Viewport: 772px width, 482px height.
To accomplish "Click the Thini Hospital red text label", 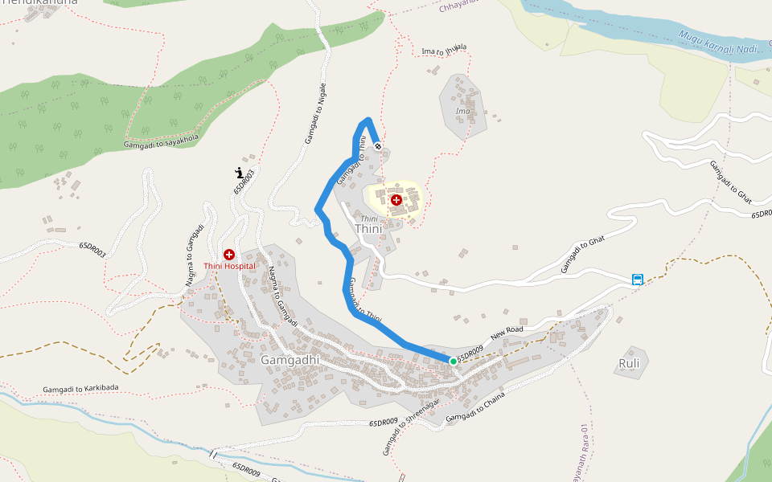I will (x=229, y=266).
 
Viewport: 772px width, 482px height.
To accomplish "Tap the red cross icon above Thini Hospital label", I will (x=229, y=254).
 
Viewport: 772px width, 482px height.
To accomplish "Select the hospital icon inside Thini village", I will (x=396, y=199).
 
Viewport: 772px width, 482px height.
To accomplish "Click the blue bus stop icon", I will (x=638, y=280).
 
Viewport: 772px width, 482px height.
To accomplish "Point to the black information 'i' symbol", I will (x=239, y=172).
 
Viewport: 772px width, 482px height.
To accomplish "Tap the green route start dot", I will (x=454, y=361).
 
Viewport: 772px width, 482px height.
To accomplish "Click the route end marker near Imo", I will (x=378, y=147).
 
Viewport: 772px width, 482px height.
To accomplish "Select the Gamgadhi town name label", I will (x=289, y=360).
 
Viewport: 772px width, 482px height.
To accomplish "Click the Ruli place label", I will (x=629, y=362).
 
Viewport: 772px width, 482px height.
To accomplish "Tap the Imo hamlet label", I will (x=462, y=110).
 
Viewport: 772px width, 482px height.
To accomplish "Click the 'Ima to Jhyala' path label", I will (x=444, y=50).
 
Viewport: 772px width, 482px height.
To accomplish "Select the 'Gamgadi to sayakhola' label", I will (x=161, y=141).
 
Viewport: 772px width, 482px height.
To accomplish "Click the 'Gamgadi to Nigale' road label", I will (x=316, y=113).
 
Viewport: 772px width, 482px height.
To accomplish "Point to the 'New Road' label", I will (x=507, y=331).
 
